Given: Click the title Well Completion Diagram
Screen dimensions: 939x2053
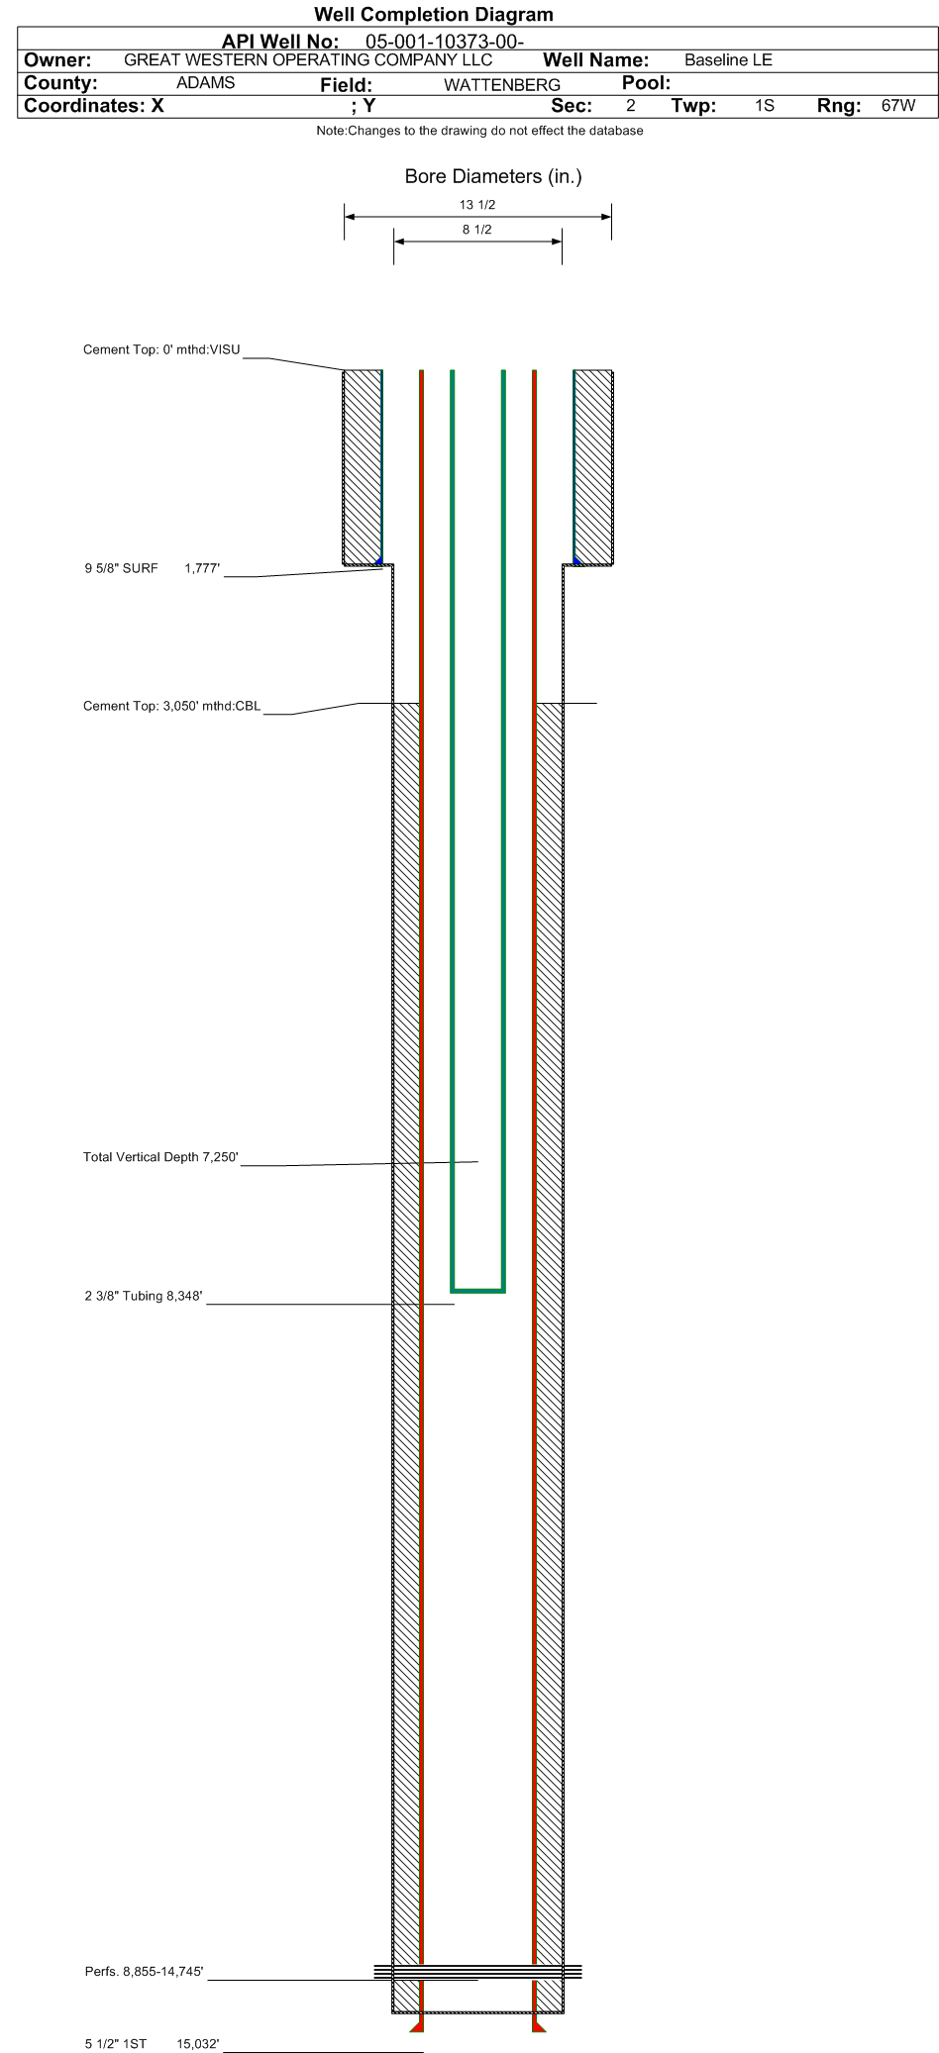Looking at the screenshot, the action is tap(433, 15).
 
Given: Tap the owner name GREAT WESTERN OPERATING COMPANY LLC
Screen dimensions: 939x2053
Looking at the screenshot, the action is tap(308, 59).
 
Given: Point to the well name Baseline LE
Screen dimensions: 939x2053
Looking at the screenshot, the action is tap(728, 60).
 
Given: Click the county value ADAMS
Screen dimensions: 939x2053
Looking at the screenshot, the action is tap(205, 83).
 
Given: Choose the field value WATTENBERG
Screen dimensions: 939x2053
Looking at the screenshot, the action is tap(502, 85).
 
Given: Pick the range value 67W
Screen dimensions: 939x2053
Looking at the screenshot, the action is tap(898, 105).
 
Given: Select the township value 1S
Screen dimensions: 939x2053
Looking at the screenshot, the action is tap(764, 105).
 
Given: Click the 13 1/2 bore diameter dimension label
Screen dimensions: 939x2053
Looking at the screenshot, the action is tap(477, 205).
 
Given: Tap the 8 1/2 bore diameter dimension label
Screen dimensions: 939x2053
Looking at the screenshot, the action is tap(477, 230).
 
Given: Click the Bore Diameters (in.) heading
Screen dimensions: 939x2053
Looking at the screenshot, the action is tap(493, 177).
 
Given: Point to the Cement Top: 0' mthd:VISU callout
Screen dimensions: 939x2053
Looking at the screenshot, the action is tap(161, 350).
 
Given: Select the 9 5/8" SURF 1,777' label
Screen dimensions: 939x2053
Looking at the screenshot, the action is tap(153, 568).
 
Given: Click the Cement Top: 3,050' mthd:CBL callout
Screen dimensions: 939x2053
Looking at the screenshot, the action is tap(172, 707).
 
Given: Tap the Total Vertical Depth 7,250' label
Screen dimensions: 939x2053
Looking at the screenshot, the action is tap(161, 1157).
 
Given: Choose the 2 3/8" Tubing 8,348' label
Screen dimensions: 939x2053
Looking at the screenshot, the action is tap(144, 1296).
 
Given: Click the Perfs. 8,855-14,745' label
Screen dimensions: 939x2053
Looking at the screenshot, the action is tap(145, 1972).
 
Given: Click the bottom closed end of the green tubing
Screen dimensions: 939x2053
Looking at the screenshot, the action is tap(478, 1290).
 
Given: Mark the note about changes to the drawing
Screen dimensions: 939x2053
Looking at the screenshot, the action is tap(479, 131).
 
